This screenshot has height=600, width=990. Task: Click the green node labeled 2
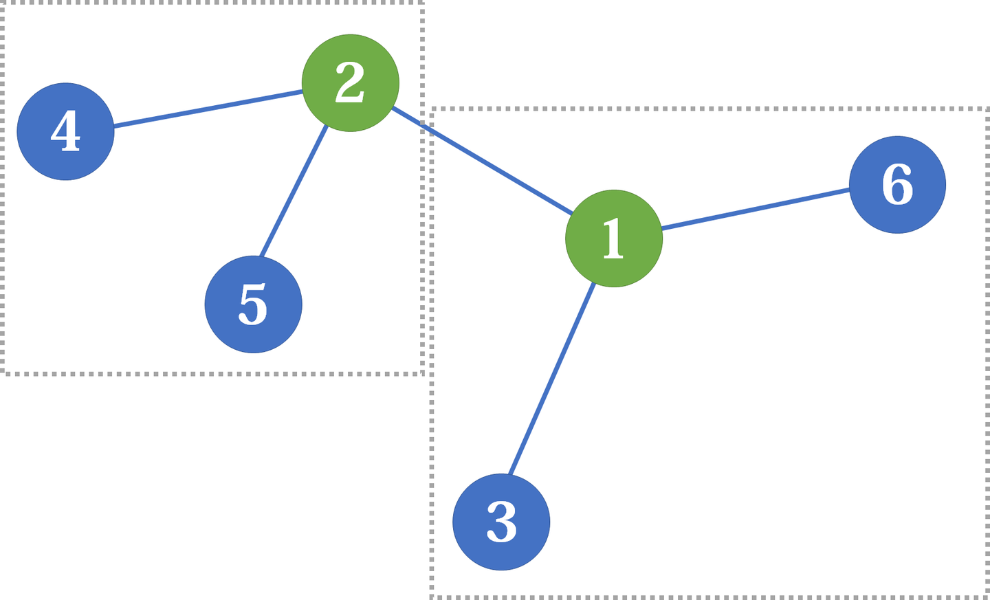(351, 82)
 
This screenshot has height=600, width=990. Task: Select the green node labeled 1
(613, 238)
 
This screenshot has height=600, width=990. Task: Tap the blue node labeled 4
(65, 131)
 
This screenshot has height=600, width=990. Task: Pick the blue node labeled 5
(253, 304)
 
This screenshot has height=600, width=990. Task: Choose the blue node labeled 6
(897, 184)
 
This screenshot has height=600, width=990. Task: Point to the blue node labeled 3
(501, 522)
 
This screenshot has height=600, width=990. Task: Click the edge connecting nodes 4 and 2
(208, 109)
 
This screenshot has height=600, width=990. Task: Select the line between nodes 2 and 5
(294, 191)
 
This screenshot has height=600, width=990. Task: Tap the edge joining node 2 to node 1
(481, 161)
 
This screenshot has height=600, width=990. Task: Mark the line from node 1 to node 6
(755, 209)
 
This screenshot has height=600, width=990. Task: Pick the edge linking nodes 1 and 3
(551, 378)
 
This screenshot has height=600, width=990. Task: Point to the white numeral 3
(501, 522)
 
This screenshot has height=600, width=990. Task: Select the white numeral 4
(65, 131)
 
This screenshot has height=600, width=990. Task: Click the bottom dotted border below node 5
(253, 373)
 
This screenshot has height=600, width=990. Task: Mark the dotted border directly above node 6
(897, 109)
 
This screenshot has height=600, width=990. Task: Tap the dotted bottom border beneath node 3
(501, 596)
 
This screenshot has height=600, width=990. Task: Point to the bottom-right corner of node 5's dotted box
(422, 373)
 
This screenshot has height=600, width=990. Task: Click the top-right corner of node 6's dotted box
(987, 109)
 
